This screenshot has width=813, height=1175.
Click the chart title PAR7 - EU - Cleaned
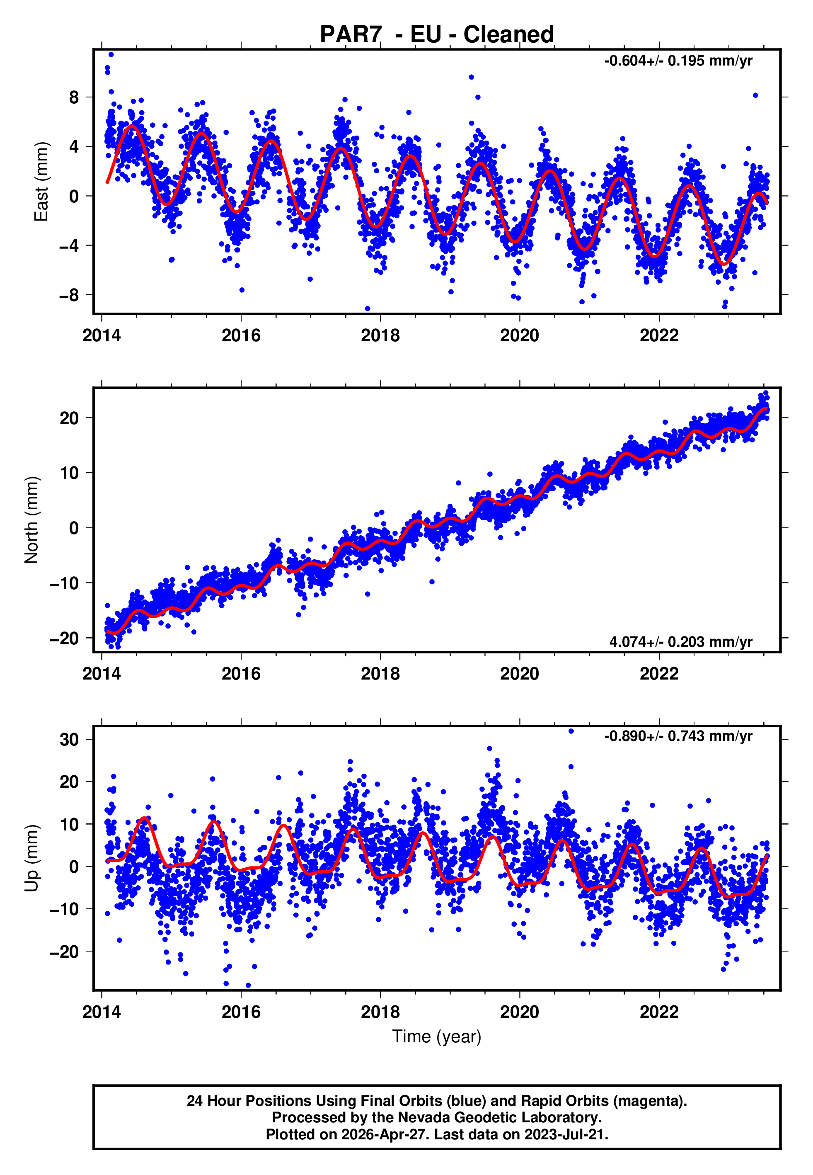(437, 35)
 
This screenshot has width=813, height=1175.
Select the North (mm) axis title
(31, 520)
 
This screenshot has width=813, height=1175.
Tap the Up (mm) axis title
(31, 858)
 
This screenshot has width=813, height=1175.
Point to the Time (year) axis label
(437, 1037)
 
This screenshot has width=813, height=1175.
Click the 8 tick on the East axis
(74, 97)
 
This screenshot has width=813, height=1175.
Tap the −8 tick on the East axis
(69, 295)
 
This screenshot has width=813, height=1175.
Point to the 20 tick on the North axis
(69, 418)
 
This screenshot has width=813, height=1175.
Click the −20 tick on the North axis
(64, 638)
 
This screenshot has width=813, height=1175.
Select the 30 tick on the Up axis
(69, 739)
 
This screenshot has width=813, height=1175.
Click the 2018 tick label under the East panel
(380, 336)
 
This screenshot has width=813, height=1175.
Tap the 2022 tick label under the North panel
(659, 674)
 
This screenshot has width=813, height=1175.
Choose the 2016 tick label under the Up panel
(241, 1012)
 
